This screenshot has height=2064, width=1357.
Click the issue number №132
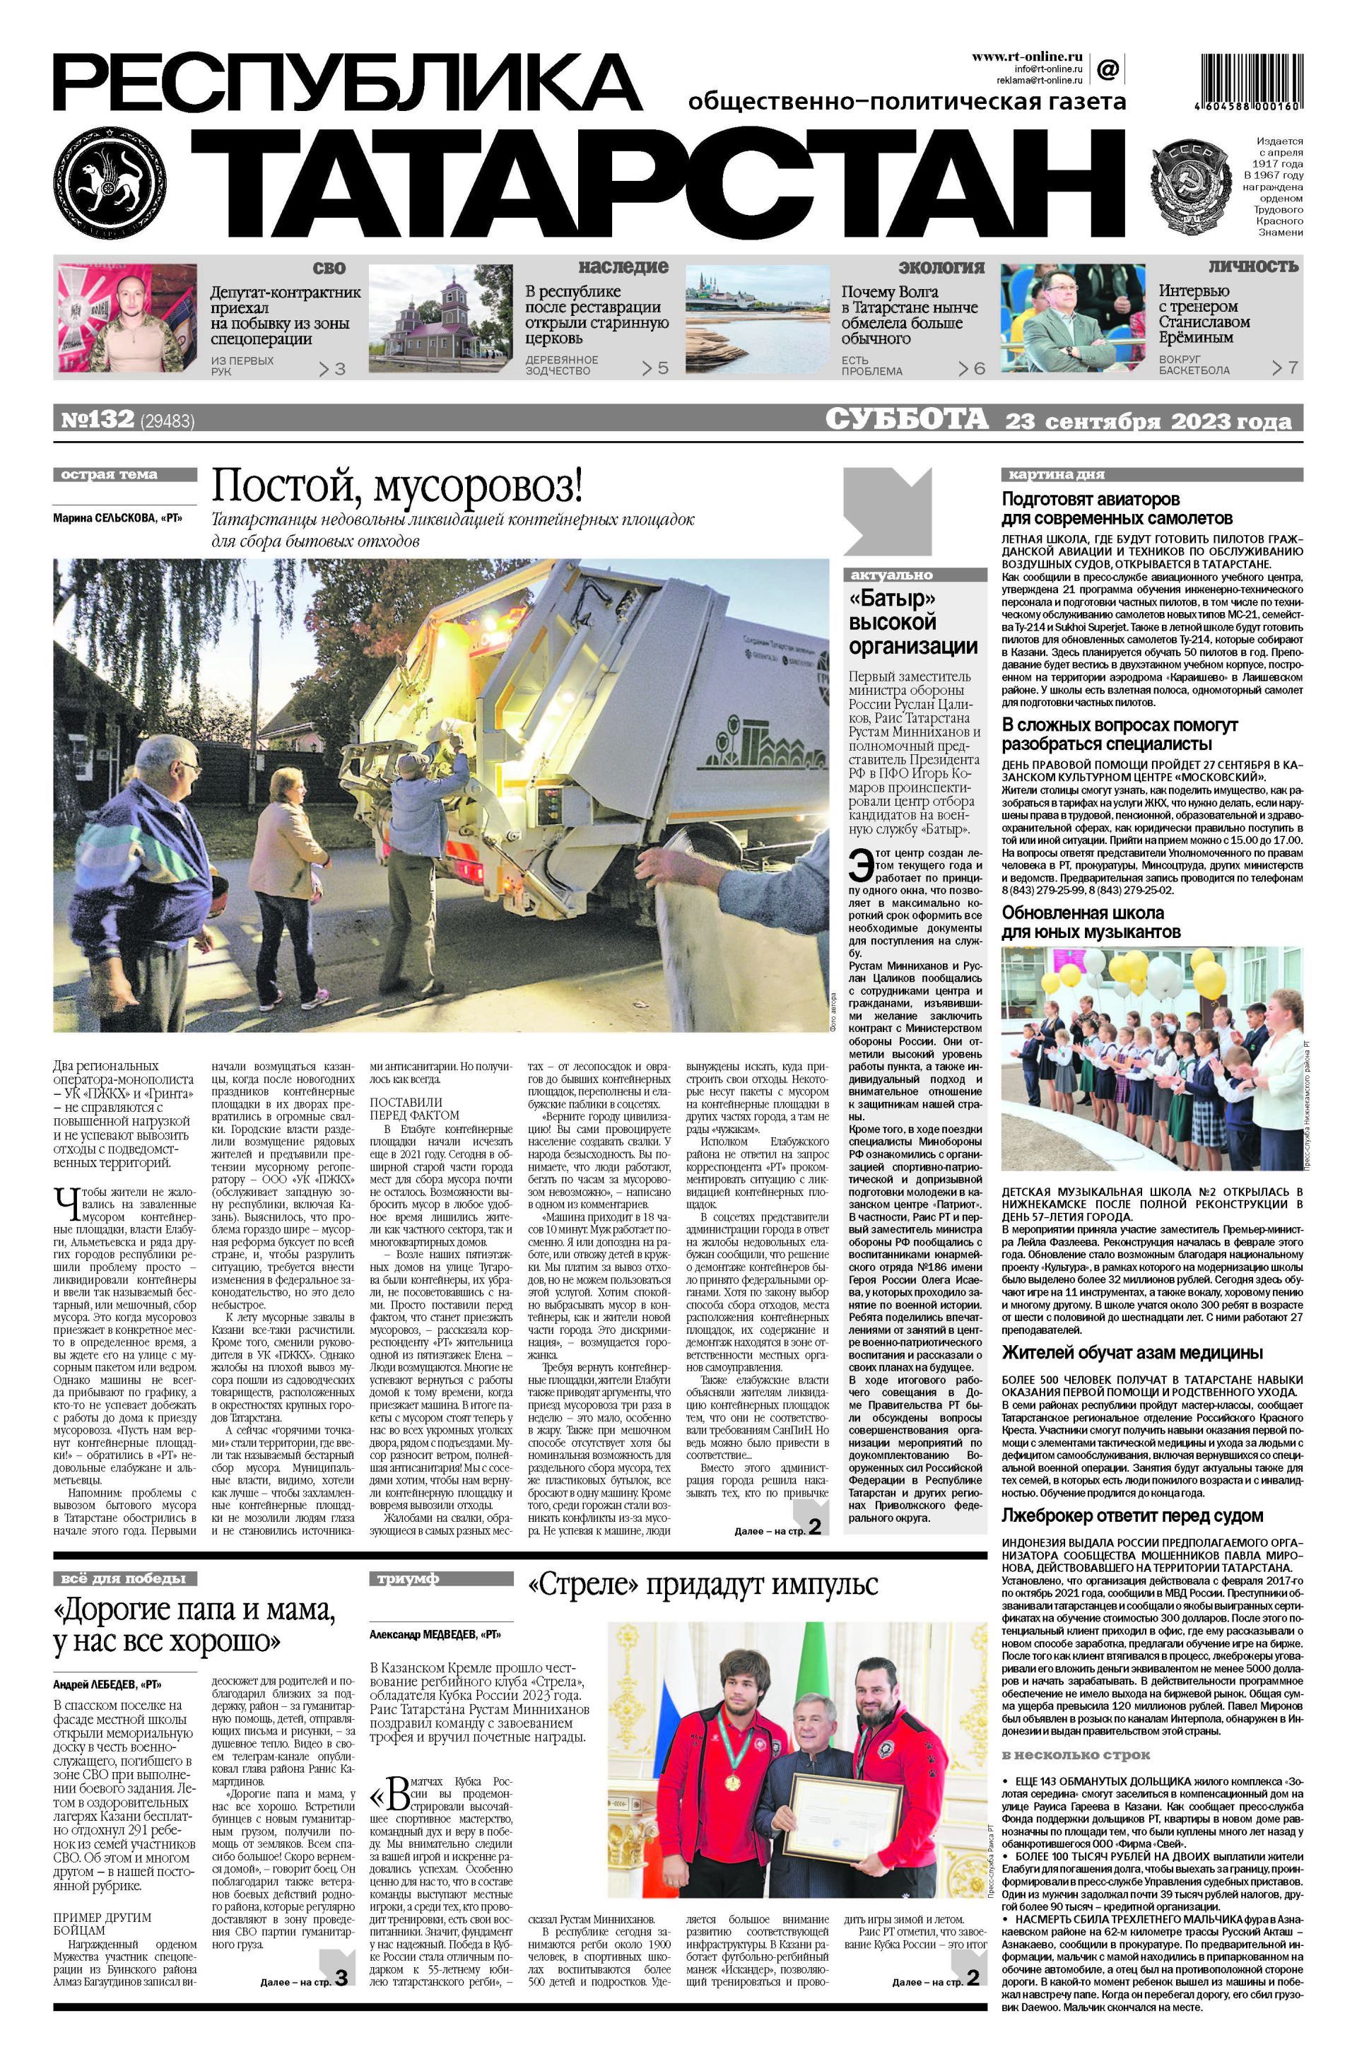(97, 420)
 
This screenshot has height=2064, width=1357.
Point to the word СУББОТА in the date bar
(906, 420)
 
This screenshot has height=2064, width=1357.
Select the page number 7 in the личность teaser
(1292, 368)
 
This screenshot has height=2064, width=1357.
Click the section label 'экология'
(941, 267)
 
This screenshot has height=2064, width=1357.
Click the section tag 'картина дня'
(1055, 474)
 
